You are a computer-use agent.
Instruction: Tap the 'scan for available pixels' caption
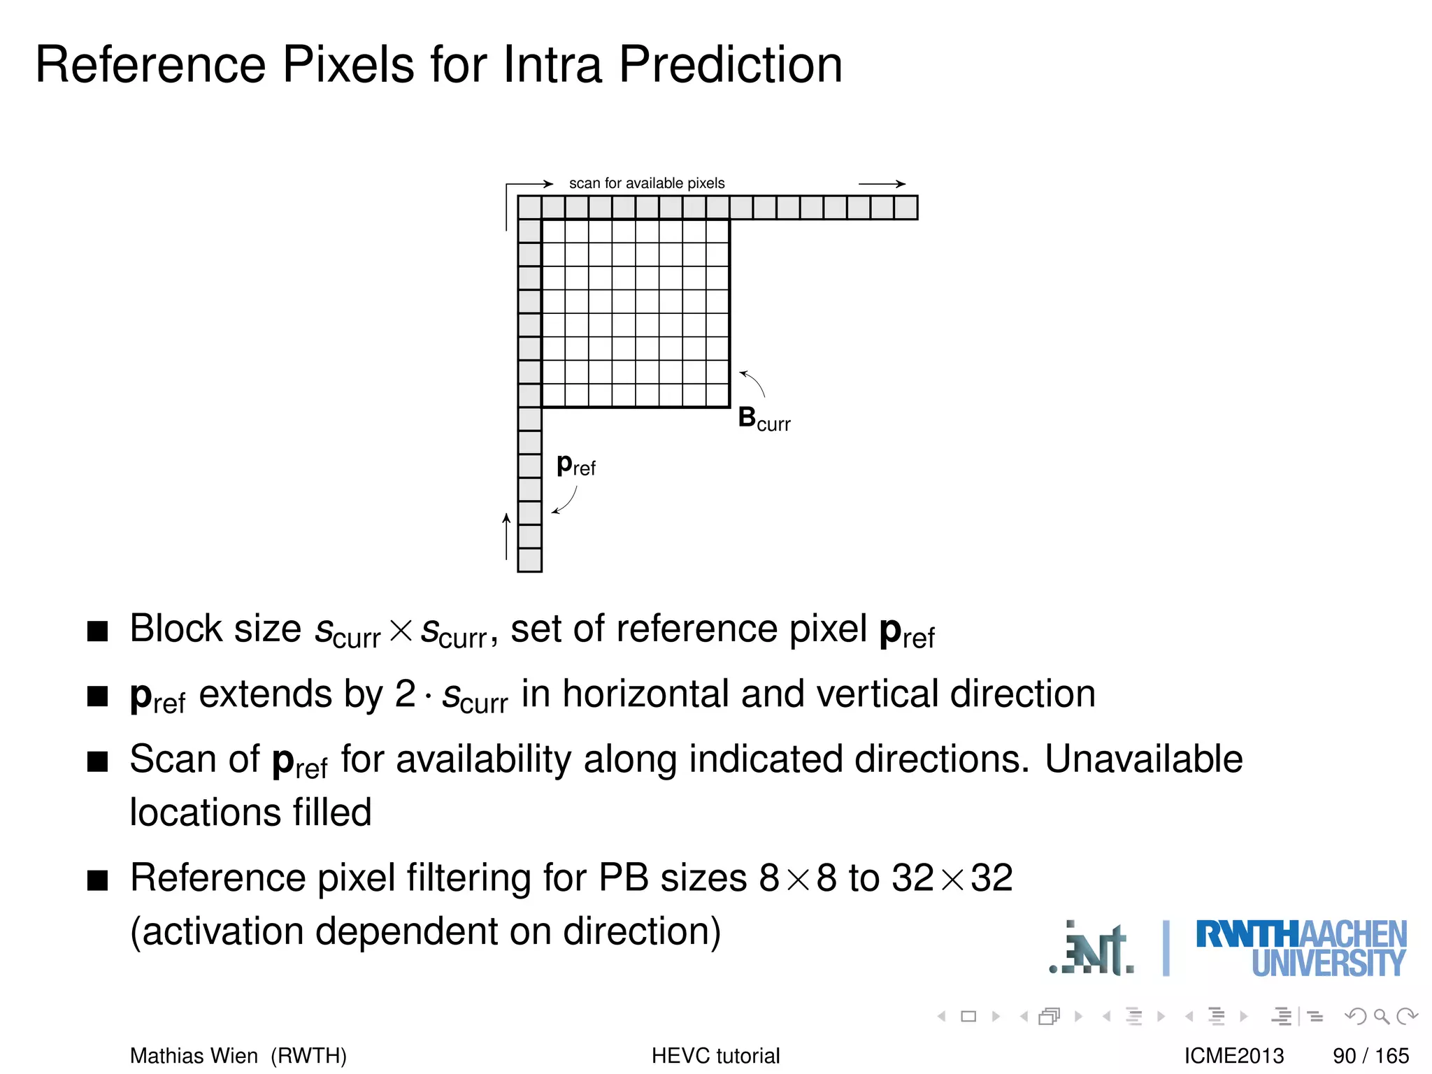click(647, 183)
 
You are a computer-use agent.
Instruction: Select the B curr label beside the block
click(764, 419)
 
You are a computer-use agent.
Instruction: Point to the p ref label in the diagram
click(575, 465)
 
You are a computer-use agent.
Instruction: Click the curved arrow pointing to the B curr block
click(753, 382)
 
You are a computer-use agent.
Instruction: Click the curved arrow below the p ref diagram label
click(565, 501)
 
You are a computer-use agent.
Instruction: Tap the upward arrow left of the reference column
click(506, 536)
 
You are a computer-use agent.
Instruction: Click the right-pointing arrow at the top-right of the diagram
click(882, 184)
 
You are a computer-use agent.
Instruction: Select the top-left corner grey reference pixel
click(530, 208)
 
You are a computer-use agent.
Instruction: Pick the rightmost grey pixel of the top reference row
click(906, 208)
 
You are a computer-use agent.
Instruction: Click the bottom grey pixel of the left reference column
click(530, 560)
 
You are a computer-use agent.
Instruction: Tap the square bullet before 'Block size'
click(98, 631)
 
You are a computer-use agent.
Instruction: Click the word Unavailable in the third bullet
click(1143, 759)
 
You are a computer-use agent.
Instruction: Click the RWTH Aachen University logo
click(1301, 948)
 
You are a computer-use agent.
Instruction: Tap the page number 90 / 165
click(1370, 1055)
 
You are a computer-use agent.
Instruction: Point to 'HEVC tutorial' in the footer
click(715, 1055)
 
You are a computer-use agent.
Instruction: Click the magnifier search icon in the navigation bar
click(1381, 1016)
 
